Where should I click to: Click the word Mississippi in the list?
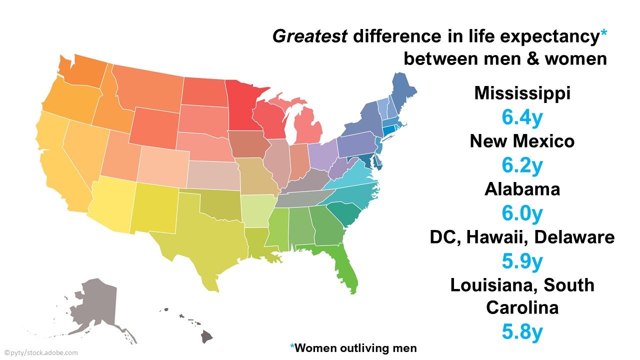[x=522, y=93]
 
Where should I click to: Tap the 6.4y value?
[x=522, y=117]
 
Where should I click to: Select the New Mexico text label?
[x=522, y=141]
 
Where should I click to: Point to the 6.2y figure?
[x=522, y=165]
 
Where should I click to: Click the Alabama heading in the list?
[x=522, y=189]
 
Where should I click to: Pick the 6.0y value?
[x=522, y=213]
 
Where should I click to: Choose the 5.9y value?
[x=522, y=261]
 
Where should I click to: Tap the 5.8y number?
[x=522, y=332]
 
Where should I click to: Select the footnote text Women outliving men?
[x=355, y=348]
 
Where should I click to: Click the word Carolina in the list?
[x=522, y=308]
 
